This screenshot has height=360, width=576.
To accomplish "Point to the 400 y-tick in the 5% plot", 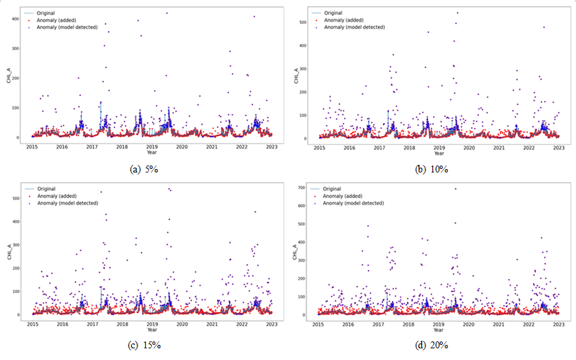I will click(15, 18).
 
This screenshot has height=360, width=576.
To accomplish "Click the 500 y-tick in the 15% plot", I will click(15, 199).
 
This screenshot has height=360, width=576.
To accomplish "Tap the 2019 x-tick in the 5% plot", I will click(152, 146).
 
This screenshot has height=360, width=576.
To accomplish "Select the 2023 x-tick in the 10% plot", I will click(559, 147).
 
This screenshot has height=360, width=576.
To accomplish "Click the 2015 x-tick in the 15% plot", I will click(32, 324).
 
